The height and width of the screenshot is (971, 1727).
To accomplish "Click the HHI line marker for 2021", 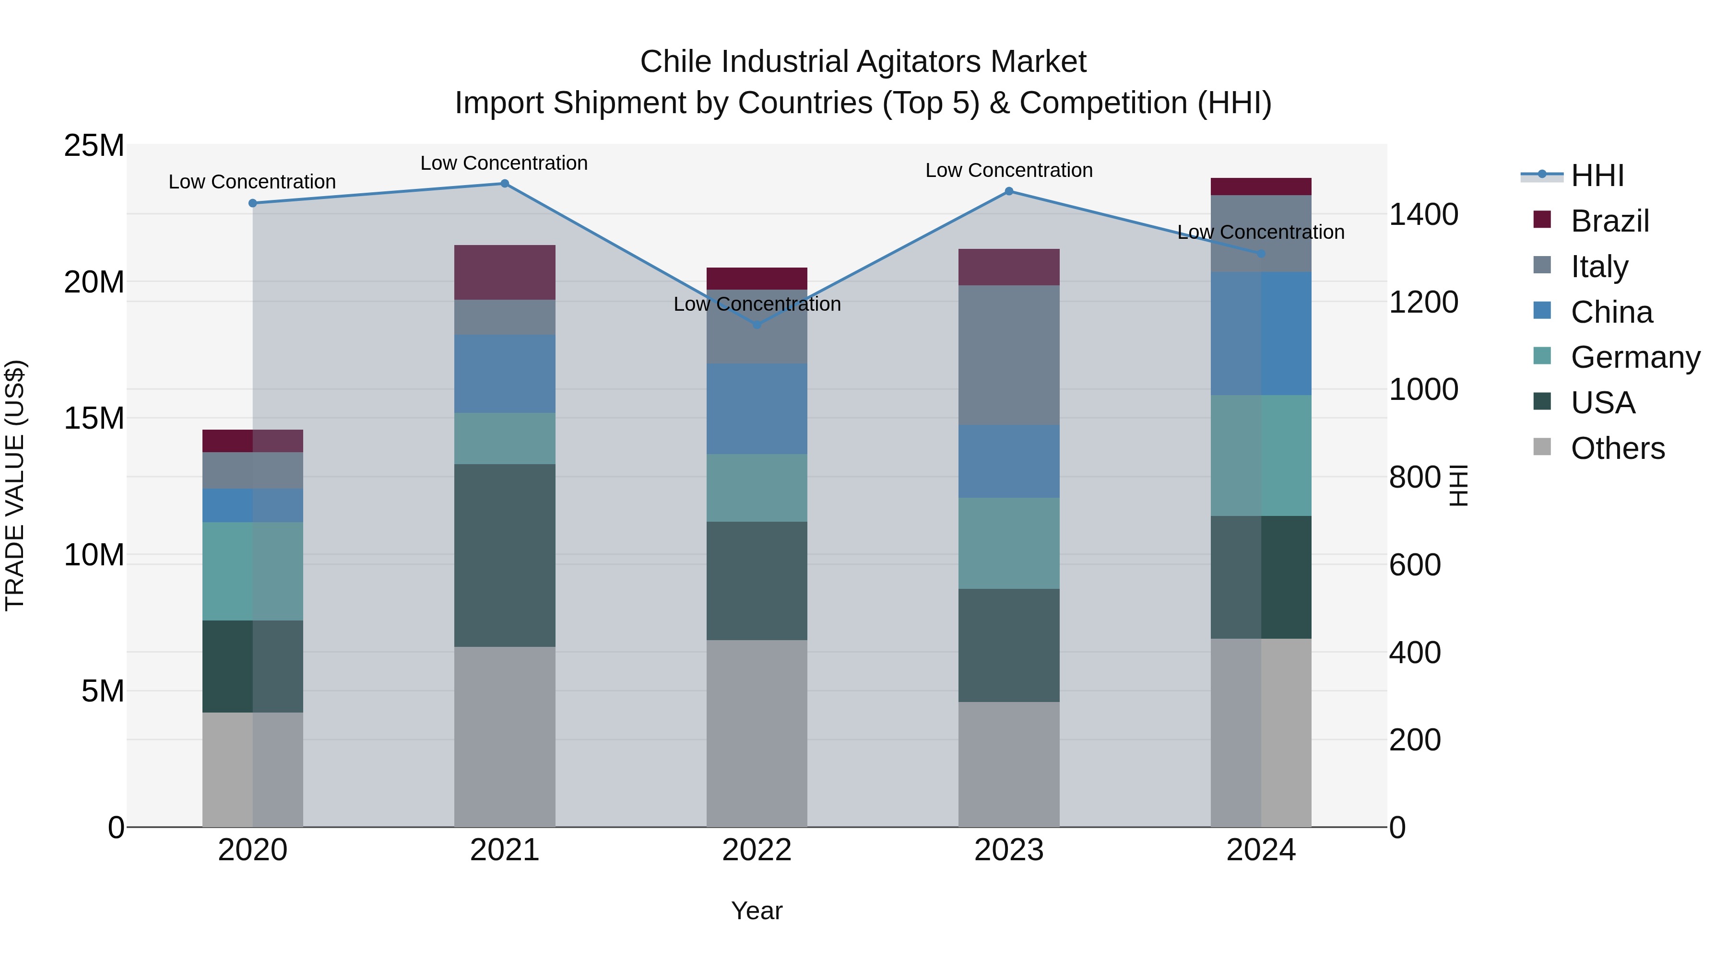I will [505, 184].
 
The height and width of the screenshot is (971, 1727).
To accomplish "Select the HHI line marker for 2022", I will [757, 325].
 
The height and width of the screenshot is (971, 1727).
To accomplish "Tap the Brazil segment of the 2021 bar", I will [505, 272].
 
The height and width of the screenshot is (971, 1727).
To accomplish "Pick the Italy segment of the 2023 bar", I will [1009, 355].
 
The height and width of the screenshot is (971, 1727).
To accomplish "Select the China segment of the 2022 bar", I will [757, 409].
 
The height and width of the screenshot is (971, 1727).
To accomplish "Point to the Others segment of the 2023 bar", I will [1009, 764].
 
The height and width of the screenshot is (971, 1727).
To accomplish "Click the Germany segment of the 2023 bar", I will [1009, 543].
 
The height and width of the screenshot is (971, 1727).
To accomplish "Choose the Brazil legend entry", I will [1609, 221].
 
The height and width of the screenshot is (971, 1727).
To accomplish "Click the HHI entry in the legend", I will [1596, 175].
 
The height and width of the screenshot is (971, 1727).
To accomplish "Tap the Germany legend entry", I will [1634, 357].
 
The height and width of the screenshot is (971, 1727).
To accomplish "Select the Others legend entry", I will [1617, 448].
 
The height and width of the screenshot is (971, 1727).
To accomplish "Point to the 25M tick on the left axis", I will [94, 145].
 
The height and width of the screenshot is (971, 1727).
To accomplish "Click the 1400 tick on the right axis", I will [1423, 214].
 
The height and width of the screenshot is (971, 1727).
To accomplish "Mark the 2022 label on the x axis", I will [757, 850].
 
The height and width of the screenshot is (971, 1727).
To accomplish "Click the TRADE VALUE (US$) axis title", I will [15, 485].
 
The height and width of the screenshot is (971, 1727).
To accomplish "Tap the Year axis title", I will [757, 911].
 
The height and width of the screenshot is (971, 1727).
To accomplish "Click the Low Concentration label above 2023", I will [1009, 170].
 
